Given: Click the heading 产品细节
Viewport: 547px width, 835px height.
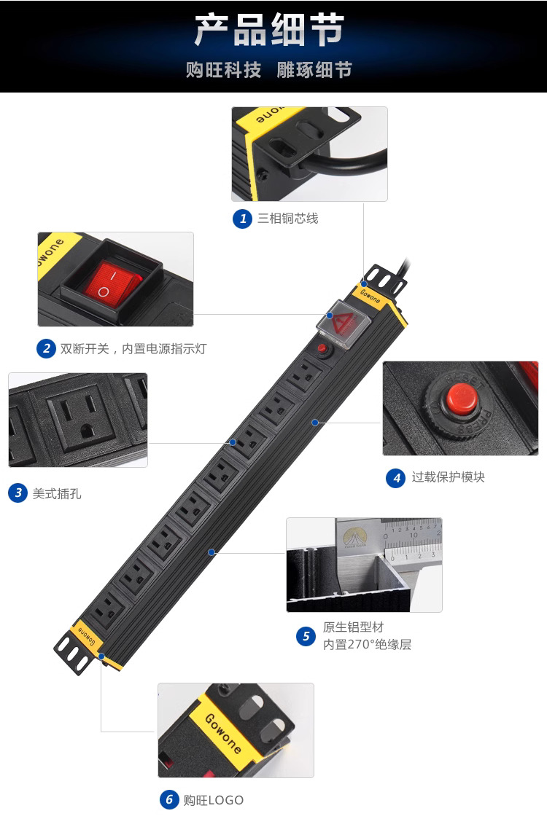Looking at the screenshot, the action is tap(269, 30).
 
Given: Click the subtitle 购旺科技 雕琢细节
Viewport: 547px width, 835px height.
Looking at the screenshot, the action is tap(269, 70).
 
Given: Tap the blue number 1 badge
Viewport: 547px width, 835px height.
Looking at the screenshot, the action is tap(243, 219).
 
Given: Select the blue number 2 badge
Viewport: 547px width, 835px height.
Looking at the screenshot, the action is tap(47, 349).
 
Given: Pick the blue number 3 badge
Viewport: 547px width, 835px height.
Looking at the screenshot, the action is tap(18, 493).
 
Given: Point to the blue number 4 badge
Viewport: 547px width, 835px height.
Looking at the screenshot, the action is tap(396, 478).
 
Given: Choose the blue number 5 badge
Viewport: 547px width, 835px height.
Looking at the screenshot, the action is tap(306, 636).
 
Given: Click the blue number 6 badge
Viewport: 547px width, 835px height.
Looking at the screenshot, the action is tap(169, 799).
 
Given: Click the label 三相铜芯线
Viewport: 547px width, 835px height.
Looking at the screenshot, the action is tap(288, 219).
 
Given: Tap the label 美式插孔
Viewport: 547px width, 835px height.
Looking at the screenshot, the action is tap(57, 494).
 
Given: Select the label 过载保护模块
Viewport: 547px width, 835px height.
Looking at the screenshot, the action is tap(449, 477).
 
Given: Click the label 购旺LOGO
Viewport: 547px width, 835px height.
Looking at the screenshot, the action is tap(213, 800).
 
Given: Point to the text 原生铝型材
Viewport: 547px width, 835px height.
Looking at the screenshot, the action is tap(354, 627).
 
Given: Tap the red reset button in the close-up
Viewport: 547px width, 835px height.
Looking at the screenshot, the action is tap(461, 400).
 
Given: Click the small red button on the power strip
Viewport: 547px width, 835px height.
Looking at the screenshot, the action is tap(322, 349).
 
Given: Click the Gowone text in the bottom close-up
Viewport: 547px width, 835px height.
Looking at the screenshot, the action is tap(223, 733).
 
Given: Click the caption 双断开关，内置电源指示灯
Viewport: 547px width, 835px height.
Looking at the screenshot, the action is tap(133, 349).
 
